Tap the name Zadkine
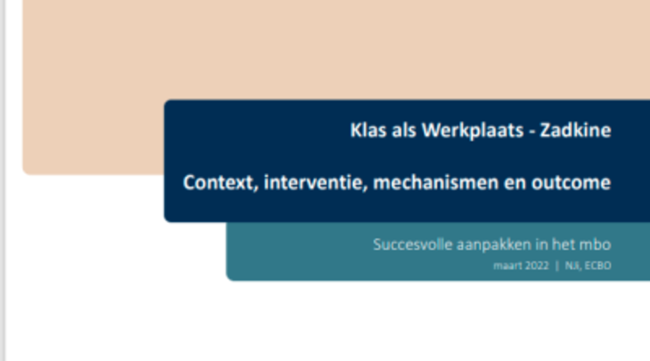point(575,130)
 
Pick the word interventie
point(316,183)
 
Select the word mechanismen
point(436,183)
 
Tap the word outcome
point(571,183)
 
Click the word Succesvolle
point(413,245)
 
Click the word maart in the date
point(503,265)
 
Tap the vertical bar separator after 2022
point(557,265)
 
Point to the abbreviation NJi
point(572,265)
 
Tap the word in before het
point(542,245)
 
